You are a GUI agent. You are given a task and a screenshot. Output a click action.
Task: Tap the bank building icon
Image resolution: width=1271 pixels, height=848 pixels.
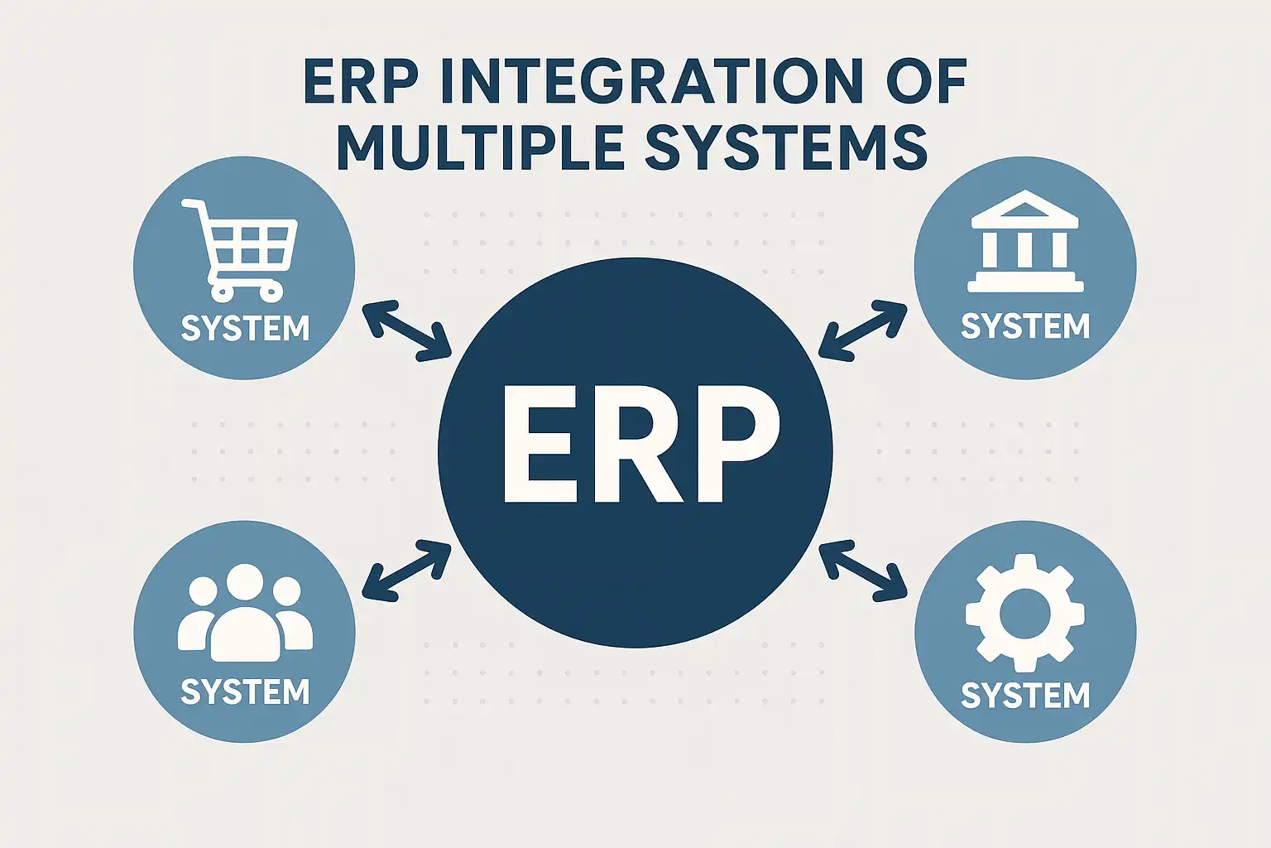(x=1025, y=241)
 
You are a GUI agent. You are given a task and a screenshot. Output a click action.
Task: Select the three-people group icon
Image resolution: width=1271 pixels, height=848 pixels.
(x=245, y=613)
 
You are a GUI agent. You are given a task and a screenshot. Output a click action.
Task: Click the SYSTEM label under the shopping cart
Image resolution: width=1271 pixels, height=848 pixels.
(x=245, y=329)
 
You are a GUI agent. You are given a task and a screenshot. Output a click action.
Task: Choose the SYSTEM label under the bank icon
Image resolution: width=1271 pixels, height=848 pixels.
(x=1025, y=326)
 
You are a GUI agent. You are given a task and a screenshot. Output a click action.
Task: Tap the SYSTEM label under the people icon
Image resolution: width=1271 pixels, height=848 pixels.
(x=245, y=691)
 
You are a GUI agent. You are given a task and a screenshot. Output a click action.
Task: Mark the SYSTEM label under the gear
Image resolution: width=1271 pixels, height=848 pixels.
(x=1025, y=695)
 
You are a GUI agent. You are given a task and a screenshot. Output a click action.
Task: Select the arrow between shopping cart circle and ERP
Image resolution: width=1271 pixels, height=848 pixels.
(x=406, y=331)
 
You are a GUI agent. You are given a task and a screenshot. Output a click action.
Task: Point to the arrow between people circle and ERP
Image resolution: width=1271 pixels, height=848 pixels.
(x=406, y=569)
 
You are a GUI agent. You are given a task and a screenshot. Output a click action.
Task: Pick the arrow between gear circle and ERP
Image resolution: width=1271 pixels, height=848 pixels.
(x=863, y=569)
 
